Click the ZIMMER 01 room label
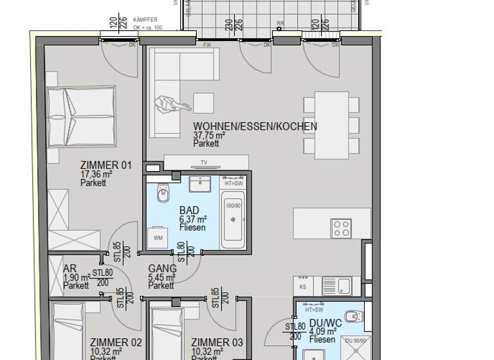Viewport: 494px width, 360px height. point(105,165)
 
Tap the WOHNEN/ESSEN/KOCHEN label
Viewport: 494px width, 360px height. point(255,127)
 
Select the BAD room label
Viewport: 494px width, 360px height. point(189,210)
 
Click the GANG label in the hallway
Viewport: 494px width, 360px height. point(162,269)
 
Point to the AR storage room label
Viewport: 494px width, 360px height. point(70,269)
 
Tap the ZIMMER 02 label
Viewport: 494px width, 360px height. point(115,343)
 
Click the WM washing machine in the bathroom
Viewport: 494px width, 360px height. point(158,239)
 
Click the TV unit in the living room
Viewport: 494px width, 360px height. point(206,162)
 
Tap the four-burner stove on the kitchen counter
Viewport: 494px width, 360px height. point(341,228)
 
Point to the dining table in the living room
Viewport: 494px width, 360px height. point(331,124)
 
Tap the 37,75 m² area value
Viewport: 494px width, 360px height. point(209,136)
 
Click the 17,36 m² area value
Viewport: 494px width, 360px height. point(96,174)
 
